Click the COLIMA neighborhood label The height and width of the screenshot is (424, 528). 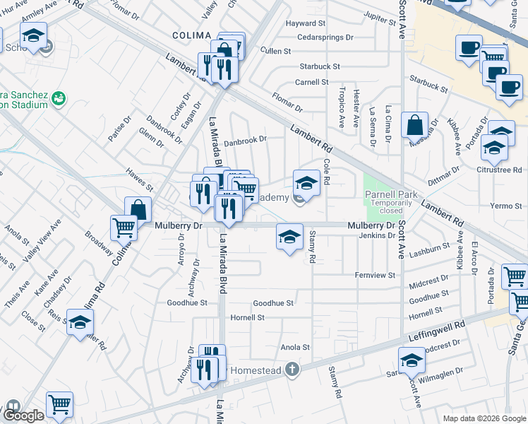pos(192,35)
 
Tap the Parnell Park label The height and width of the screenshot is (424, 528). pos(390,194)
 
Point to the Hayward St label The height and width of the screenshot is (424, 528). pos(305,23)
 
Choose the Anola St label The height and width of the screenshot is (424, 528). pos(296,347)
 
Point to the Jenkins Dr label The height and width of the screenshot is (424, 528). pos(376,235)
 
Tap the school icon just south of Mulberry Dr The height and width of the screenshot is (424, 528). pos(289,238)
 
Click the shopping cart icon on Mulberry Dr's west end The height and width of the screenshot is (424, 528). pos(124,228)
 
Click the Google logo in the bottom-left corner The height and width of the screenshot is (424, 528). pos(24,416)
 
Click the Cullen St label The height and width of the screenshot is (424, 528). pos(275,51)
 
